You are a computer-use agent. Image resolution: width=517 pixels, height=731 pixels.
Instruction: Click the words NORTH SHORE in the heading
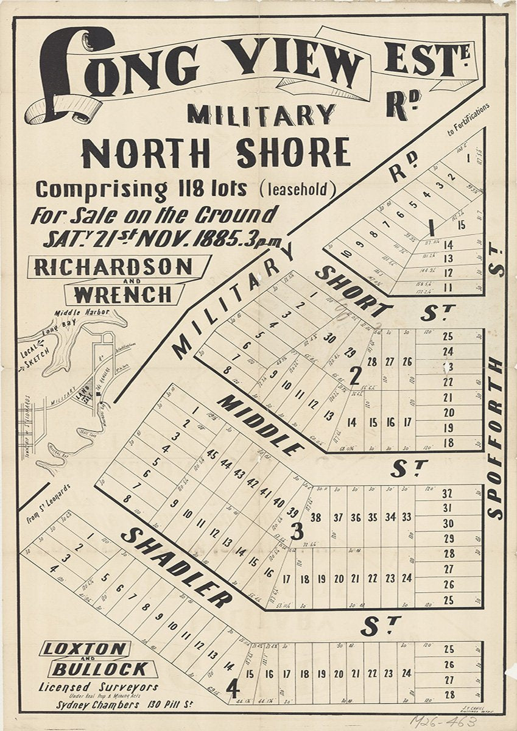(216, 152)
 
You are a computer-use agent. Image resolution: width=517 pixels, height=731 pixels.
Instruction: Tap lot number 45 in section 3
(212, 454)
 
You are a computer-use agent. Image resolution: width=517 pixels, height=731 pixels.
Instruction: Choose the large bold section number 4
(232, 689)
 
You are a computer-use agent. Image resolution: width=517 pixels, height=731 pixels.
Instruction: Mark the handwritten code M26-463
(443, 721)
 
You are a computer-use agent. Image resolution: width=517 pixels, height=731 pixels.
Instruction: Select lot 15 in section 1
(461, 225)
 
